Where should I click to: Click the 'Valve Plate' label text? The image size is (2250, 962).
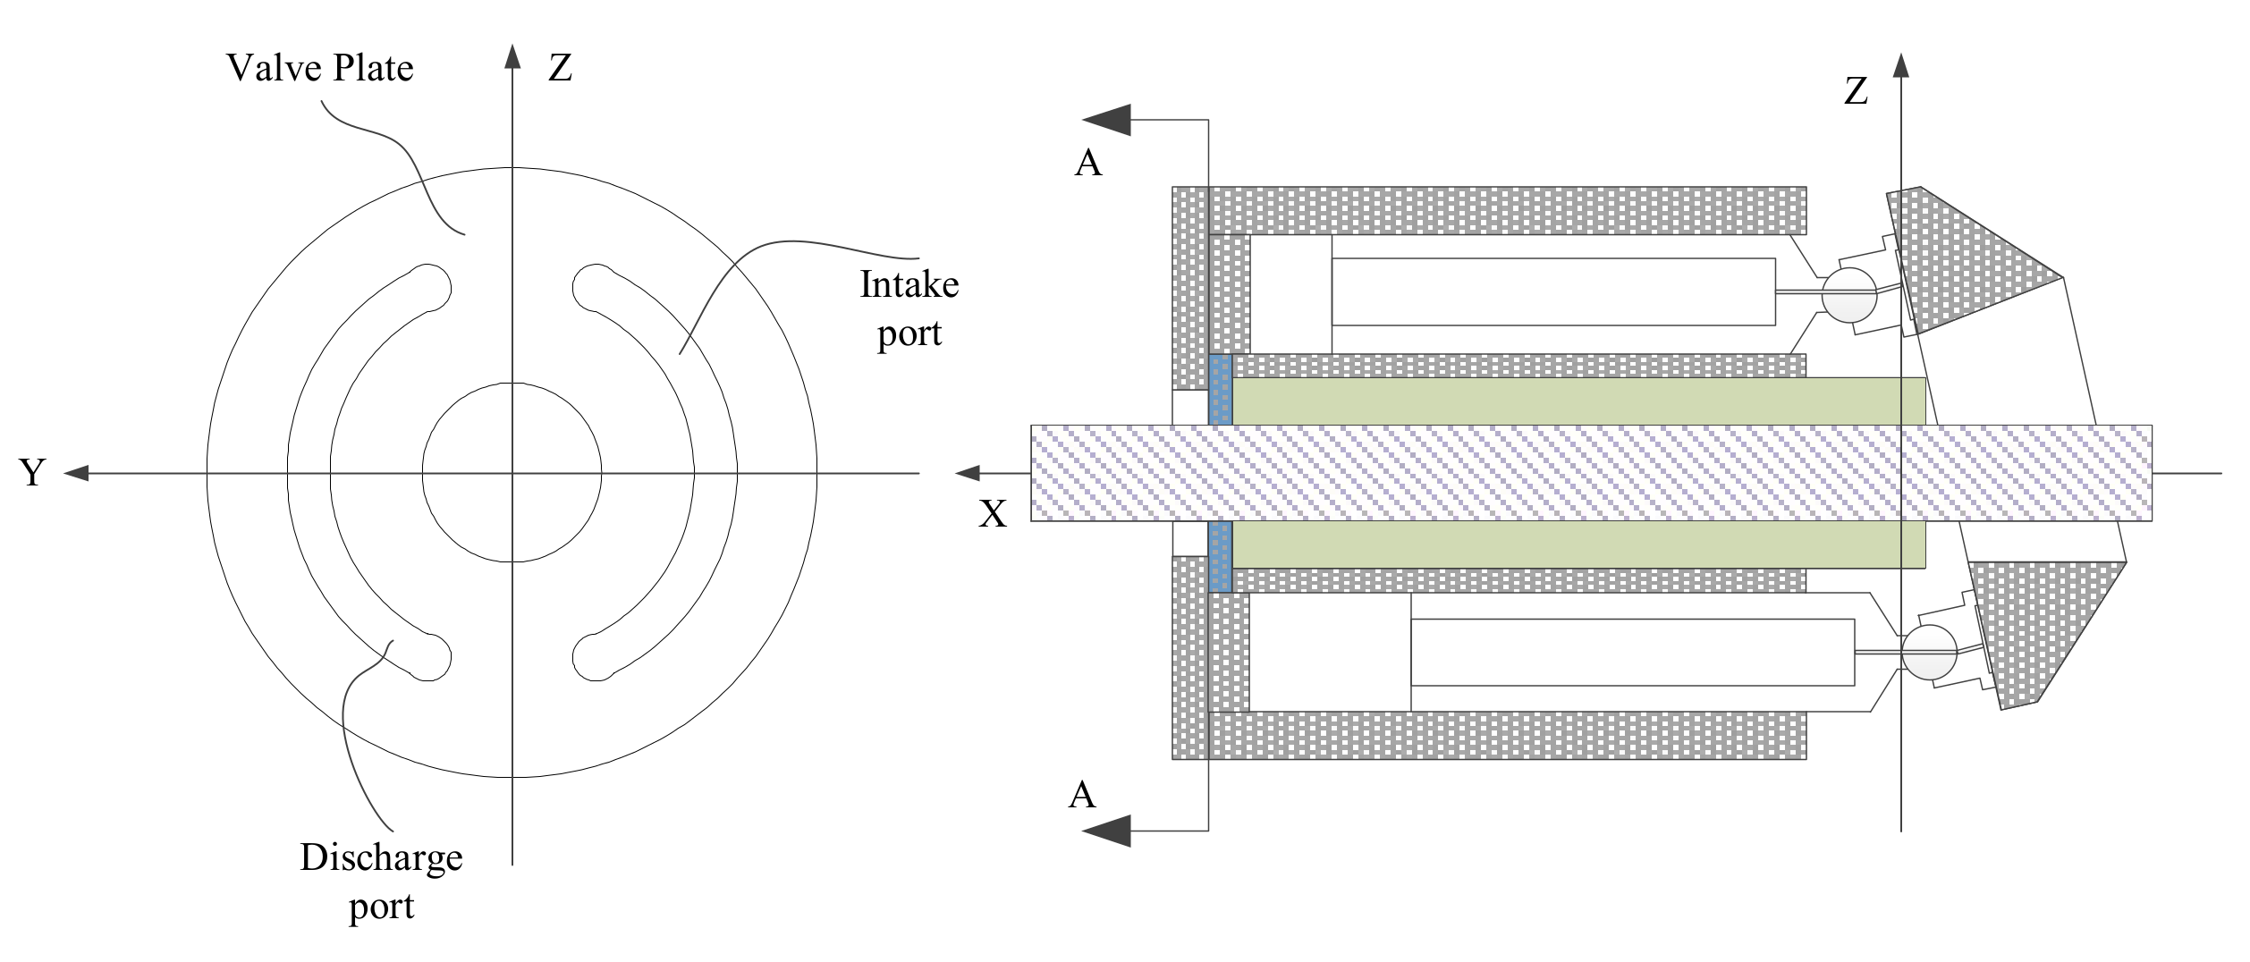[x=319, y=68]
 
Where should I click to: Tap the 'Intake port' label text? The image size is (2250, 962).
[x=909, y=308]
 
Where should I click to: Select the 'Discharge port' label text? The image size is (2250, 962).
[x=381, y=881]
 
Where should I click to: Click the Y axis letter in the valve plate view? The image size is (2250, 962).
[x=32, y=473]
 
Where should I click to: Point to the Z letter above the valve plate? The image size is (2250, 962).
[x=560, y=68]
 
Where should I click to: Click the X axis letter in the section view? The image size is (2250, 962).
[x=992, y=514]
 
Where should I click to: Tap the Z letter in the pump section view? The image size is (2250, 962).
[x=1856, y=91]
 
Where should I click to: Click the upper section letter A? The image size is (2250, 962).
[x=1087, y=163]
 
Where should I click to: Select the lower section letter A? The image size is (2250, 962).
[x=1081, y=795]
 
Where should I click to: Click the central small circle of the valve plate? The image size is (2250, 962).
[x=512, y=473]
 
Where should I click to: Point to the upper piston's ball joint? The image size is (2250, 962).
[x=1848, y=295]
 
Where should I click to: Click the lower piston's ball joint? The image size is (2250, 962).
[x=1928, y=653]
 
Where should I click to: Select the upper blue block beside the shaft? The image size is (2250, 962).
[x=1220, y=390]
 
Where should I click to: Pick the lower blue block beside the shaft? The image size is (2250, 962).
[x=1220, y=557]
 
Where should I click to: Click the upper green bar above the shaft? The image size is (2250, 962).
[x=1578, y=401]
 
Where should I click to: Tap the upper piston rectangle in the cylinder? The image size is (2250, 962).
[x=1552, y=292]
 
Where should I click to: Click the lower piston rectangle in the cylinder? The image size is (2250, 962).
[x=1632, y=653]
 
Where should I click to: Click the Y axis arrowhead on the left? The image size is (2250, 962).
[x=76, y=473]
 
